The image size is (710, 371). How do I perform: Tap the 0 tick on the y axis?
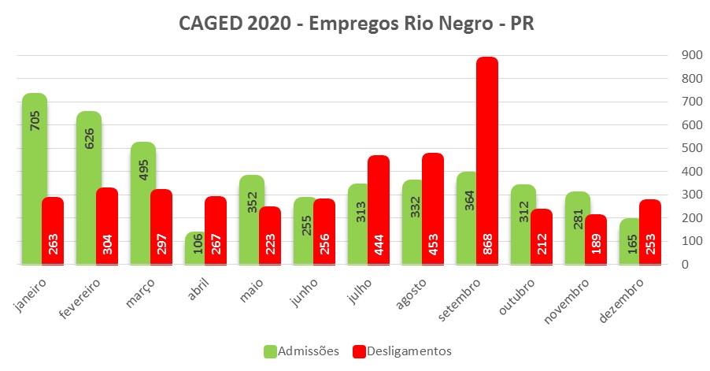tap(684, 265)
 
